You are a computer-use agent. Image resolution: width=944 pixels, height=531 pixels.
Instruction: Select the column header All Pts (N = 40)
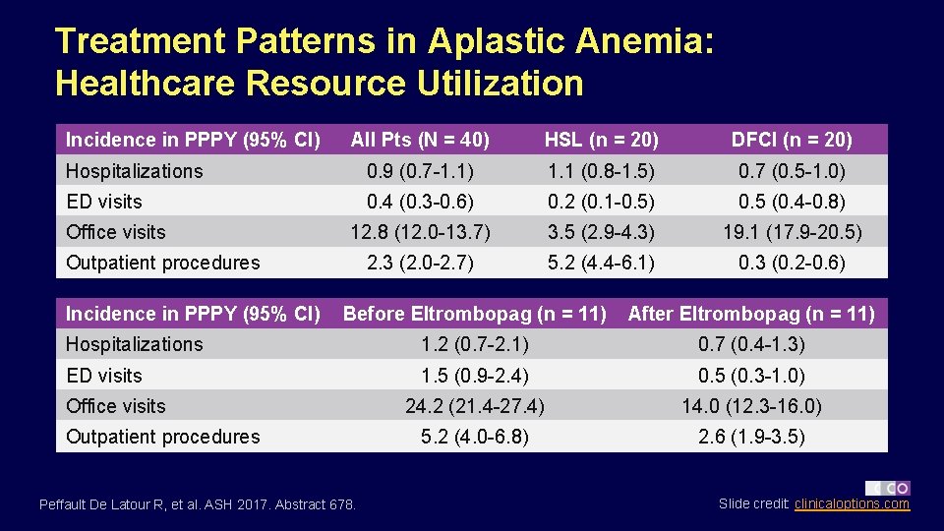coord(420,140)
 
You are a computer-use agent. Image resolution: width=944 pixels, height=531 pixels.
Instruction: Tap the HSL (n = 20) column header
coord(601,140)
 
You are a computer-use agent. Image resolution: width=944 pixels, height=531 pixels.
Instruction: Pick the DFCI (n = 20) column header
coord(792,140)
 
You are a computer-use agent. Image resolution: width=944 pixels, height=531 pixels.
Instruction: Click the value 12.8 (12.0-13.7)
coord(420,232)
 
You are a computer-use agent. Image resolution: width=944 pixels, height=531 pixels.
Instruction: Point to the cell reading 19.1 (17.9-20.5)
coord(792,232)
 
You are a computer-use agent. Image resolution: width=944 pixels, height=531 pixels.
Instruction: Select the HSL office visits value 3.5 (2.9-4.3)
coord(601,232)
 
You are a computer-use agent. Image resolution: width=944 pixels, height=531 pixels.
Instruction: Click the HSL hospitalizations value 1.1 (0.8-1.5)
coord(601,171)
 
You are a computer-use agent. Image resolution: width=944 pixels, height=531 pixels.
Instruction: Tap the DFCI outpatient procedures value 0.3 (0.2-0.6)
coord(792,263)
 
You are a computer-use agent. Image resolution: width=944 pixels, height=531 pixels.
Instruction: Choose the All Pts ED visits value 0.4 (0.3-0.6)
coord(420,202)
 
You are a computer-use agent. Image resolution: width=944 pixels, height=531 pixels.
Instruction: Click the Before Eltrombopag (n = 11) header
coord(474,314)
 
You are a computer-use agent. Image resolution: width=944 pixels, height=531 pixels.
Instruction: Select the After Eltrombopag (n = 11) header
coord(751,314)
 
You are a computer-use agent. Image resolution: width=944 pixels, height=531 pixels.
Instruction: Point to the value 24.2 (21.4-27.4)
coord(474,406)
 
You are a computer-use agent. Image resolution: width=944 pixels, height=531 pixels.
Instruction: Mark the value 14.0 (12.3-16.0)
coord(751,406)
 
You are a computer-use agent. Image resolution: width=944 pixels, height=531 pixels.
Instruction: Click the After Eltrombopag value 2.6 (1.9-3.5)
coord(751,437)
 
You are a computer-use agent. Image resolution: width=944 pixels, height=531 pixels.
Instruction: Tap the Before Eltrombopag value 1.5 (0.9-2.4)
coord(474,376)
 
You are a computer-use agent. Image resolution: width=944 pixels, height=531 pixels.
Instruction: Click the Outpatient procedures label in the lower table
coord(163,437)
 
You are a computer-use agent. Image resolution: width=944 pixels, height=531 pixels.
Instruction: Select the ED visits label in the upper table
coord(104,202)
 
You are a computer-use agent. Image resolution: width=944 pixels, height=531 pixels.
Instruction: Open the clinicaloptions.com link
coord(852,504)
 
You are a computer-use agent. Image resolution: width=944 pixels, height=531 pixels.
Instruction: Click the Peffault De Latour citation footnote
coord(198,505)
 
